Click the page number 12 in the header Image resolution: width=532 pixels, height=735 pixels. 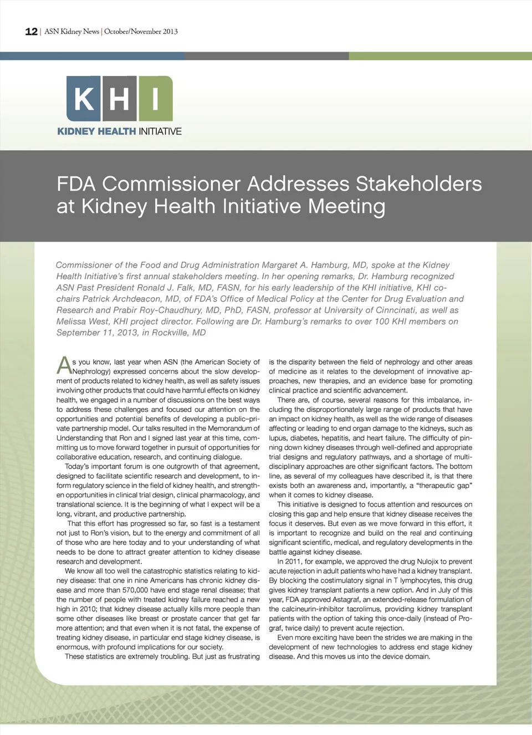(31, 32)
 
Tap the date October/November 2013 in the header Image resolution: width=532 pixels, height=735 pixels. (141, 32)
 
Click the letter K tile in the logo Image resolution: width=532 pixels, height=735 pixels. (84, 99)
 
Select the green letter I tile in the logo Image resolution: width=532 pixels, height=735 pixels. (156, 99)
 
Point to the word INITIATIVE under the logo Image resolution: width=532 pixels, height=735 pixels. (160, 131)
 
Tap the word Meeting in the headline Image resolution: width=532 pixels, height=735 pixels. (346, 206)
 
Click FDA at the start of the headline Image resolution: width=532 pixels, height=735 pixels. (76, 184)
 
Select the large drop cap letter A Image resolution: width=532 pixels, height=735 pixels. (64, 366)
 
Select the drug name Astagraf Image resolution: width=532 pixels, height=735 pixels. (348, 600)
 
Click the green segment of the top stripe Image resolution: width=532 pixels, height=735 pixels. (440, 56)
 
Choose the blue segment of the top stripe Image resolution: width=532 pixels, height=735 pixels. (92, 56)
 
